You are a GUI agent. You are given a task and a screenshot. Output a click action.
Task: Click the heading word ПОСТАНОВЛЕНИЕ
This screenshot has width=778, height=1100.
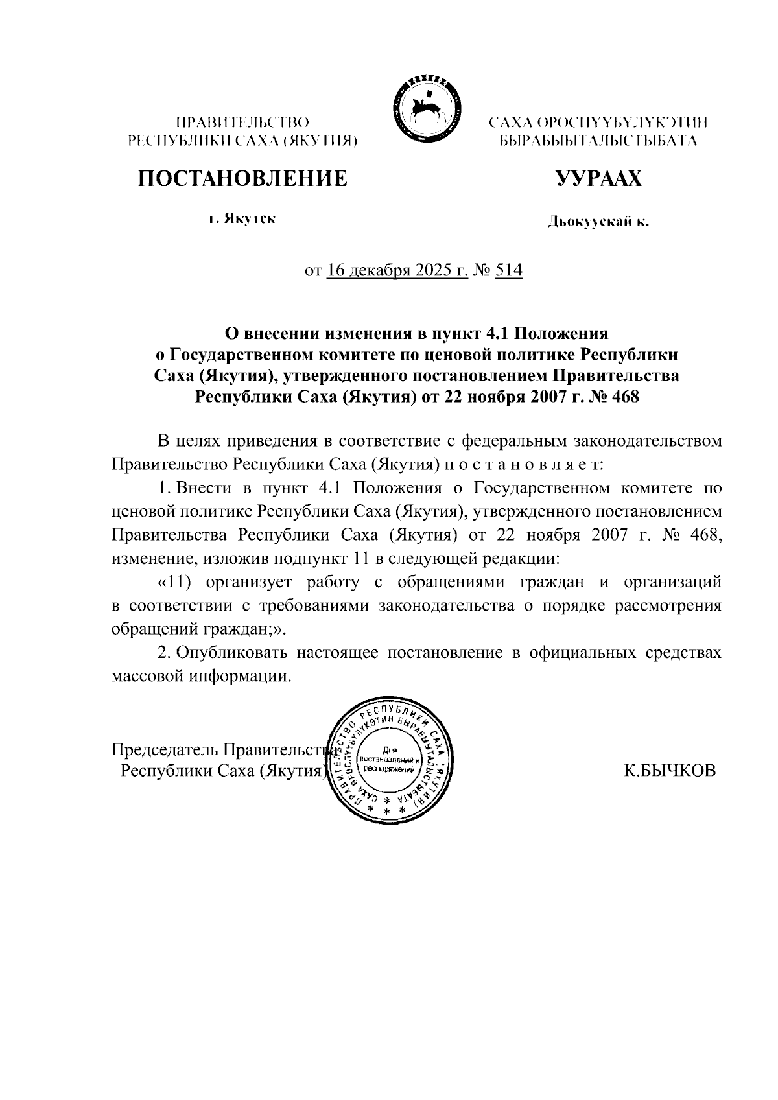(242, 178)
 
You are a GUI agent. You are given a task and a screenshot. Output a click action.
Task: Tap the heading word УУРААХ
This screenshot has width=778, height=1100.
(598, 178)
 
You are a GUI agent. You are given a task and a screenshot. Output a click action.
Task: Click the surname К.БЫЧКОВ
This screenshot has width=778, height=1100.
(670, 770)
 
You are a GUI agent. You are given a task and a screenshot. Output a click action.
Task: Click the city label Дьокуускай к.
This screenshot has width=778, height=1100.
(598, 224)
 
